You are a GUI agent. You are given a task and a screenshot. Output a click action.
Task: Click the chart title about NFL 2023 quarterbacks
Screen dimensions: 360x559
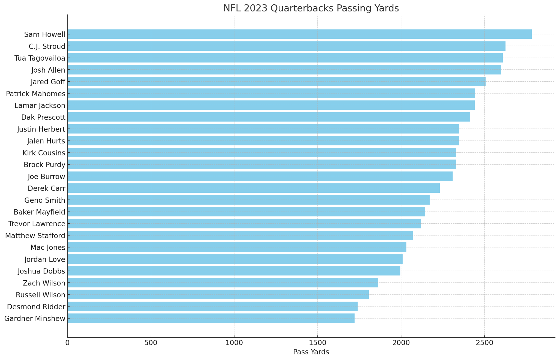pyautogui.click(x=311, y=8)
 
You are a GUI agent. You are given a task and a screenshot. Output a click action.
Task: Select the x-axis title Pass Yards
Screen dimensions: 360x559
pyautogui.click(x=311, y=352)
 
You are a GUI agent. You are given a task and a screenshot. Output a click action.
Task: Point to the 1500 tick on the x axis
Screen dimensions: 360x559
pyautogui.click(x=317, y=343)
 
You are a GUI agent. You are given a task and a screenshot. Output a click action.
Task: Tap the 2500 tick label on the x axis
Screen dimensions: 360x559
pyautogui.click(x=484, y=343)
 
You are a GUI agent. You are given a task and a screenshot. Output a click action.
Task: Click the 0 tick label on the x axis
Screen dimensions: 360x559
pyautogui.click(x=68, y=343)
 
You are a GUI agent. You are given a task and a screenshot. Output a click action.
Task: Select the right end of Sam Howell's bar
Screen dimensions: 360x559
pyautogui.click(x=531, y=34)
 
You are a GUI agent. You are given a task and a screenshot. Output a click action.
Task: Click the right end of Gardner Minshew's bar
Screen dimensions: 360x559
pyautogui.click(x=354, y=318)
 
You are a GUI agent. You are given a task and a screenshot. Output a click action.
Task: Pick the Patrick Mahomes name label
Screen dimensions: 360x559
pyautogui.click(x=35, y=94)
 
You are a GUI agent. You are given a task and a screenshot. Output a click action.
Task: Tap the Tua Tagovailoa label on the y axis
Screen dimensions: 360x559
pyautogui.click(x=40, y=58)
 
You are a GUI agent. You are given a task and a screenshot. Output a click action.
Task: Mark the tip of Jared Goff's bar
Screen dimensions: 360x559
pyautogui.click(x=485, y=82)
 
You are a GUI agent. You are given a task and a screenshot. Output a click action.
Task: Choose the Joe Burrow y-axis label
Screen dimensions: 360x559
pyautogui.click(x=46, y=177)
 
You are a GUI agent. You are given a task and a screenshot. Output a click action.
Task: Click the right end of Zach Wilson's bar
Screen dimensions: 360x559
pyautogui.click(x=378, y=283)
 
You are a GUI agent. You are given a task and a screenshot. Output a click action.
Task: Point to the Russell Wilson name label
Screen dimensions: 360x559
pyautogui.click(x=40, y=295)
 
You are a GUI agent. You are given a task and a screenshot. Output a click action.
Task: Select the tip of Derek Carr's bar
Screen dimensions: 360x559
pyautogui.click(x=439, y=188)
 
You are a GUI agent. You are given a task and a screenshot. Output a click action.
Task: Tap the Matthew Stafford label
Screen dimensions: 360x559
pyautogui.click(x=35, y=236)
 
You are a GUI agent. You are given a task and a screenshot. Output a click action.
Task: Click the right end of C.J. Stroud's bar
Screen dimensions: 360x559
pyautogui.click(x=505, y=46)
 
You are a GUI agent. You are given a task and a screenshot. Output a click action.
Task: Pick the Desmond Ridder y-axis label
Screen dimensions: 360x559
pyautogui.click(x=36, y=307)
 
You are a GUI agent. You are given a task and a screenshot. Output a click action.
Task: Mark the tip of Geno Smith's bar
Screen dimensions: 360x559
pyautogui.click(x=429, y=200)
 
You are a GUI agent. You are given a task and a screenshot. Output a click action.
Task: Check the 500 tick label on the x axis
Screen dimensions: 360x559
pyautogui.click(x=151, y=343)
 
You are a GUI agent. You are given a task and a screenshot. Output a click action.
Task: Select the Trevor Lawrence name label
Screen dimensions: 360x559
pyautogui.click(x=37, y=224)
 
